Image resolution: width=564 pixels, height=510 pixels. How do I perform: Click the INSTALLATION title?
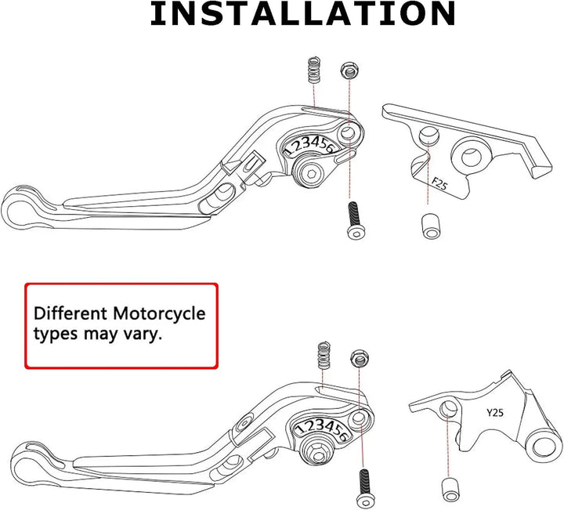303,13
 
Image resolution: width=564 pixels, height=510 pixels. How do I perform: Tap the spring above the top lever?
314,70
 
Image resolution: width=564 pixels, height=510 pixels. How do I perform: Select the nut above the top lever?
348,71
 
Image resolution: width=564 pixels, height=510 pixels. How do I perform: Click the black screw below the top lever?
356,220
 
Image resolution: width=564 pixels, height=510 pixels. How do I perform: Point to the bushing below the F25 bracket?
431,226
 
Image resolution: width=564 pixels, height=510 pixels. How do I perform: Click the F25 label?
439,183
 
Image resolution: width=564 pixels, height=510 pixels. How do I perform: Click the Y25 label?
495,413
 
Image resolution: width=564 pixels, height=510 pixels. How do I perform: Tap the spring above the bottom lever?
324,354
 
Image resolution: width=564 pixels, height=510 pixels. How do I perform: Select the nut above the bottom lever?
358,358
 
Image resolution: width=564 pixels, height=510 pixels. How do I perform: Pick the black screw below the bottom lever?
365,489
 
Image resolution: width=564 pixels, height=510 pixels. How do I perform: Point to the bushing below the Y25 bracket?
450,490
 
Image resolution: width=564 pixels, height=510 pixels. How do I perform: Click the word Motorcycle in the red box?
159,313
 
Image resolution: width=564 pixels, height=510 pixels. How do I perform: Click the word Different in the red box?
70,313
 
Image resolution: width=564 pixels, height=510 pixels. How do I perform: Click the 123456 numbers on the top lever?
309,145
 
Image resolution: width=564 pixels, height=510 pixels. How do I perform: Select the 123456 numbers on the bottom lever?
321,429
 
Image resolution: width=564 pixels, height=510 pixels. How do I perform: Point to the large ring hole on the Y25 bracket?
546,447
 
